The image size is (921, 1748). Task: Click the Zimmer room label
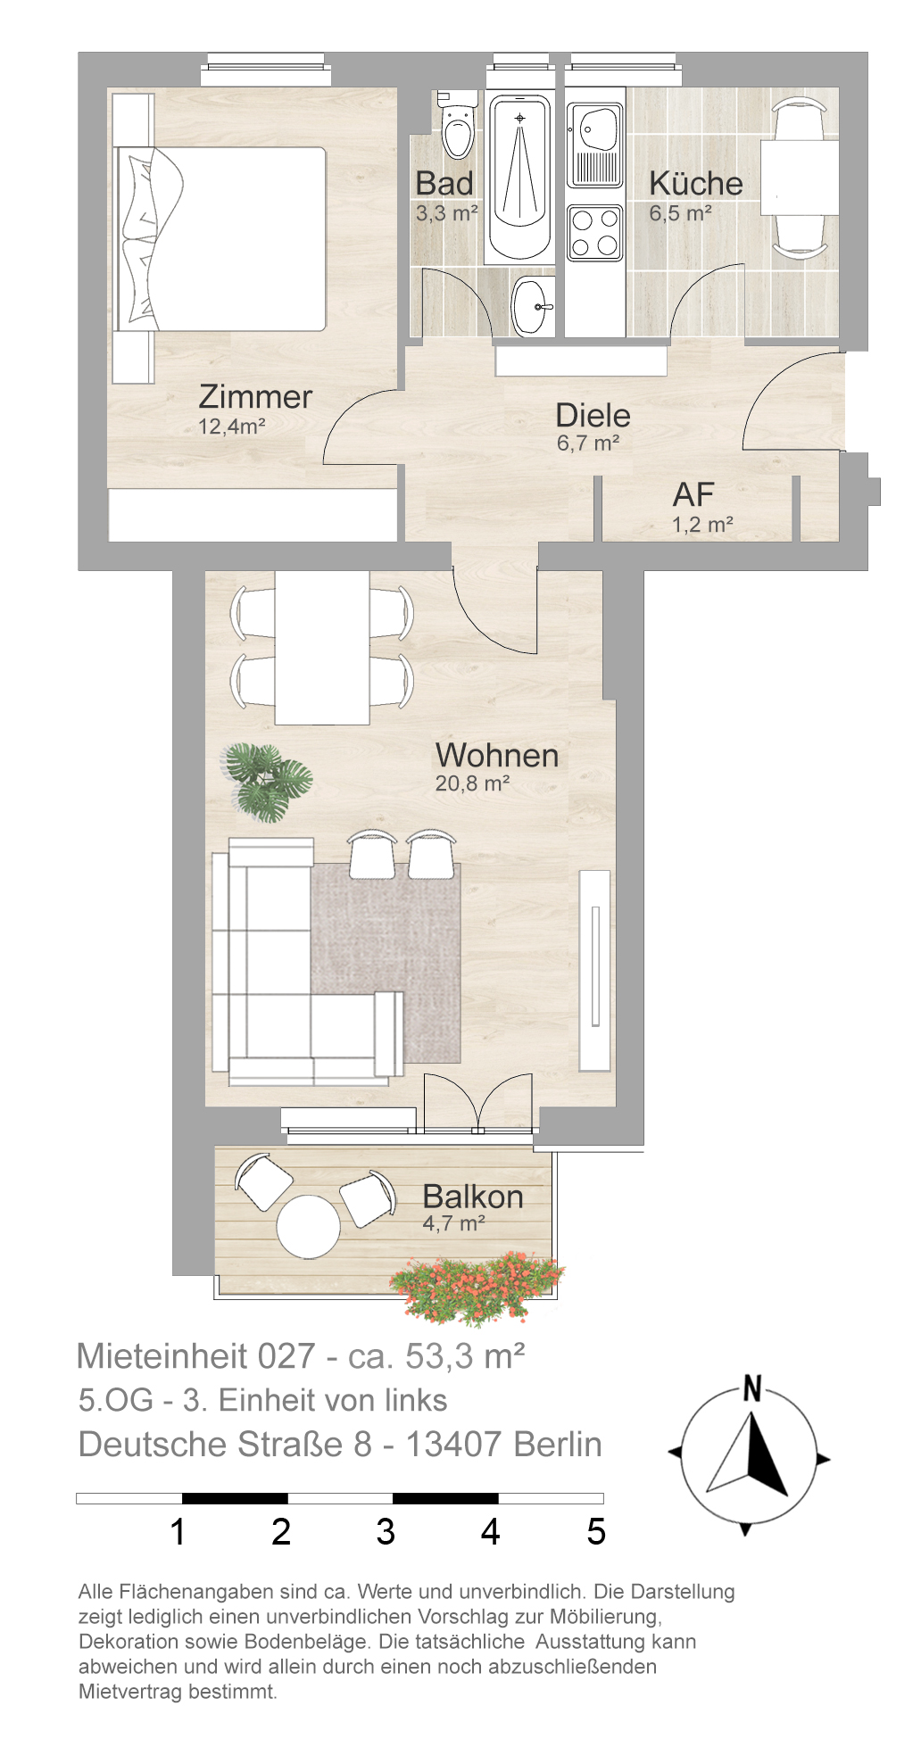[255, 396]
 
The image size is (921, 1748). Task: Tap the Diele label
[593, 415]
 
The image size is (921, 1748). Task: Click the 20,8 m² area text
[472, 783]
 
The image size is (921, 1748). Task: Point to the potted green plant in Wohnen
[267, 782]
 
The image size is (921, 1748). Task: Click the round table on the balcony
[309, 1227]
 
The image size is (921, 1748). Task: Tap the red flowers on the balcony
[477, 1286]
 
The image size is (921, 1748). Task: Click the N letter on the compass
[752, 1388]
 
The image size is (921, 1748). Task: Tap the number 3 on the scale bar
[386, 1531]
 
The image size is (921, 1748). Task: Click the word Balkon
[473, 1197]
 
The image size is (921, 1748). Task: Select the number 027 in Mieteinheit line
[286, 1356]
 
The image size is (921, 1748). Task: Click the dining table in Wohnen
[322, 648]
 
